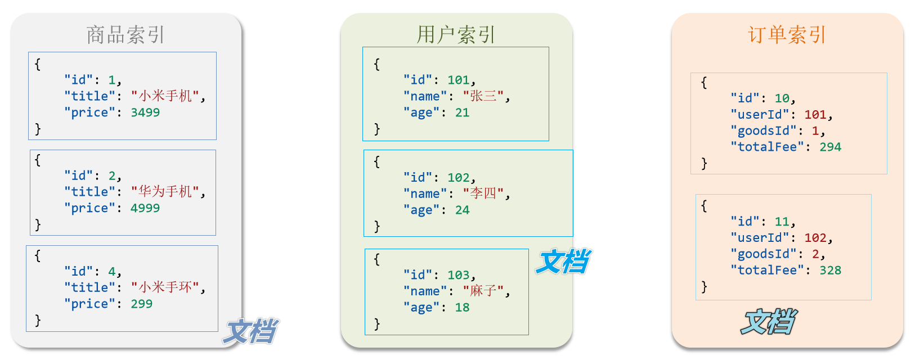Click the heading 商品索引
pos(125,35)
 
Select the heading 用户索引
pos(456,35)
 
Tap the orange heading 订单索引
pos(787,35)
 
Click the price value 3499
pos(145,112)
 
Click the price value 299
pos(141,304)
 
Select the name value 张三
pos(483,96)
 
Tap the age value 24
pos(462,210)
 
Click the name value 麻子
pos(483,291)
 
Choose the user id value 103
pos(459,275)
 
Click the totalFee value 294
pos(830,147)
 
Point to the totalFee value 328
pos(830,270)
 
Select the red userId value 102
pos(815,238)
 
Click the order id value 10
pos(782,98)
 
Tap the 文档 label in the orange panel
pos(768,322)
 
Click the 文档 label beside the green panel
pos(563,262)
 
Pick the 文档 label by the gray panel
pos(250,331)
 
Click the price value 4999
pos(145,208)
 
